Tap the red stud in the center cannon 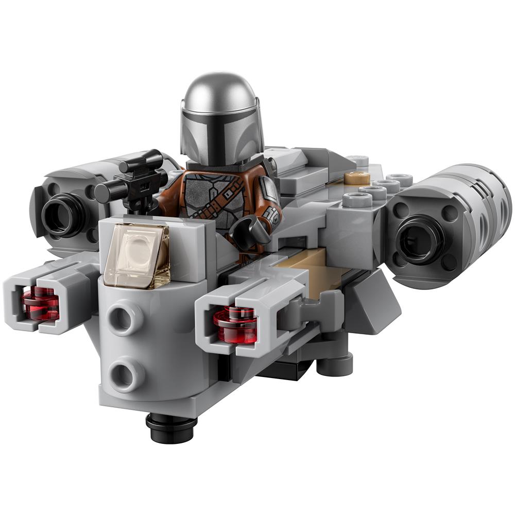[x=235, y=325]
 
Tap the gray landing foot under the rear [x=335, y=364]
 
